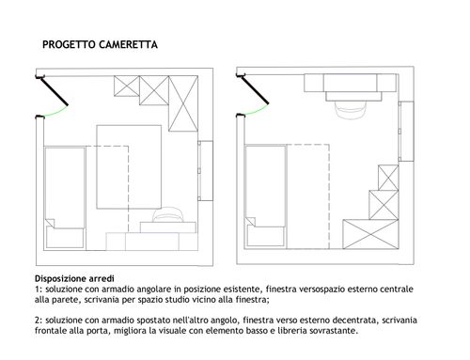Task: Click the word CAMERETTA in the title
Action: pyautogui.click(x=128, y=45)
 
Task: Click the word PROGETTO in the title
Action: pyautogui.click(x=69, y=45)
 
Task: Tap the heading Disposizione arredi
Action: pyautogui.click(x=74, y=278)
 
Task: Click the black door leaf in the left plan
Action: pyautogui.click(x=54, y=91)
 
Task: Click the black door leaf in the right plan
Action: pyautogui.click(x=255, y=89)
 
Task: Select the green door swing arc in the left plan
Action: pyautogui.click(x=56, y=112)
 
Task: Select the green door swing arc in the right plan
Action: pyautogui.click(x=257, y=110)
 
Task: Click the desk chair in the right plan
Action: pyautogui.click(x=350, y=109)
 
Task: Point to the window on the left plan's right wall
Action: pyautogui.click(x=206, y=171)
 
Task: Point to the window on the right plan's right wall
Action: pyautogui.click(x=406, y=132)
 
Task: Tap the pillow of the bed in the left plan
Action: pyautogui.click(x=65, y=237)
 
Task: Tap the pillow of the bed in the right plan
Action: pyautogui.click(x=266, y=236)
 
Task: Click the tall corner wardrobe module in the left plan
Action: pyautogui.click(x=183, y=103)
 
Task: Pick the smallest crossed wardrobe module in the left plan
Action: pyautogui.click(x=126, y=86)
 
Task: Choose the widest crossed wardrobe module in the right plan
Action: pyautogui.click(x=370, y=234)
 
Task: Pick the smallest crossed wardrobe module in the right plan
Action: pyautogui.click(x=388, y=178)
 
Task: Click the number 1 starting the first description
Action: pyautogui.click(x=37, y=290)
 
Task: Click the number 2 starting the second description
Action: pyautogui.click(x=38, y=321)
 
